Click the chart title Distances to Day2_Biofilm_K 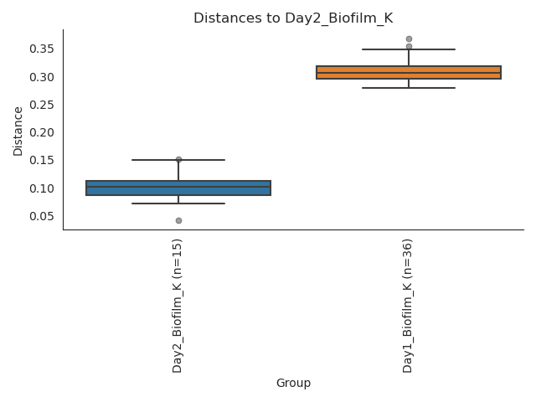(293, 18)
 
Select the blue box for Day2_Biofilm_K (178, 188)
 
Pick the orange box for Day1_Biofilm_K (409, 72)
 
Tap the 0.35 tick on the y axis (42, 49)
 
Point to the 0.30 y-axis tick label (42, 77)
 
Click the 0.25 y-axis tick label (42, 105)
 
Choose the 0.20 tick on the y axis (42, 132)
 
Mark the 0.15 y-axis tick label (42, 160)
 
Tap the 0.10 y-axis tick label (42, 188)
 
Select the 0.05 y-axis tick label (42, 216)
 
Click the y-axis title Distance (18, 130)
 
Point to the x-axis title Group (293, 384)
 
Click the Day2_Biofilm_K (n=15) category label (178, 306)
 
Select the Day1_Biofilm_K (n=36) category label (409, 306)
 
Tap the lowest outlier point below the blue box (178, 220)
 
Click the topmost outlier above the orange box (409, 39)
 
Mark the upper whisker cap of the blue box (178, 160)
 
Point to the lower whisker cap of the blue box (178, 204)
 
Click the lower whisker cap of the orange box (409, 88)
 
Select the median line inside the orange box (409, 73)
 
